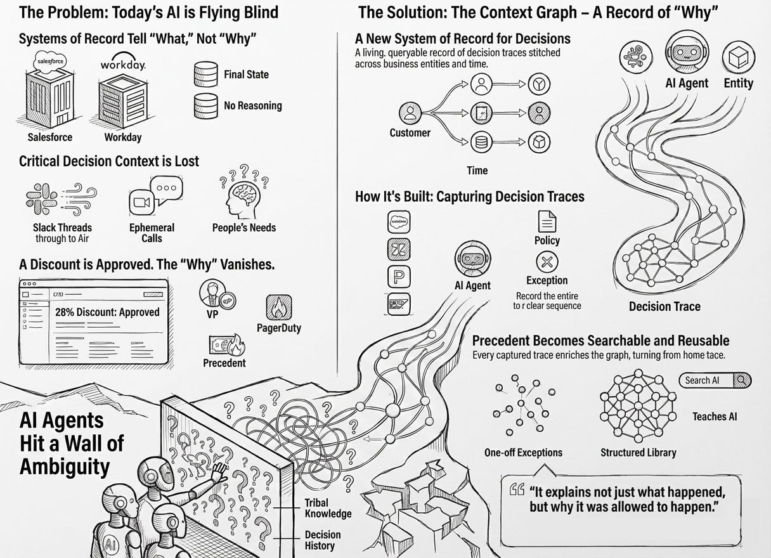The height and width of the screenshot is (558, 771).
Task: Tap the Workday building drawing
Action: coord(122,98)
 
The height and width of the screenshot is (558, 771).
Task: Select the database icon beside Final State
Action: coord(205,74)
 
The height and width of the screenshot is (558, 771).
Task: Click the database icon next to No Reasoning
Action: coord(205,105)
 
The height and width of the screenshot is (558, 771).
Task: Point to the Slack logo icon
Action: coord(42,198)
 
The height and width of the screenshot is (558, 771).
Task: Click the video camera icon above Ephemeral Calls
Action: coord(141,203)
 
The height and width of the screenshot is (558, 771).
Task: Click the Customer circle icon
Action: coord(410,114)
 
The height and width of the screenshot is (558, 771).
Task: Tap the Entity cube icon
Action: coord(738,58)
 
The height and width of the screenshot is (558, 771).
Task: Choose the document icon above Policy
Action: coord(547,221)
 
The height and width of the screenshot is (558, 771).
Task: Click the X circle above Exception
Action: coord(547,261)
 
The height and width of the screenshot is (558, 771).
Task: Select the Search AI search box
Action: coord(715,380)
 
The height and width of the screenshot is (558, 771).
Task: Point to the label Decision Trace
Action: coord(664,306)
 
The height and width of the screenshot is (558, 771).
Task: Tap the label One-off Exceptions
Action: coord(523,453)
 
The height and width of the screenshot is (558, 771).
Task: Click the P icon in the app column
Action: coord(398,276)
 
